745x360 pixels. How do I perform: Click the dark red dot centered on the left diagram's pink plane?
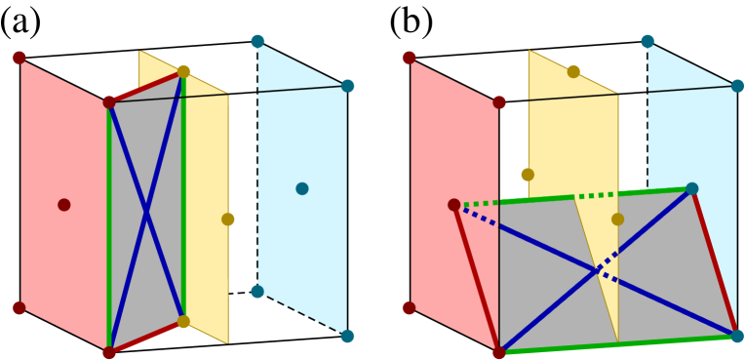(64, 205)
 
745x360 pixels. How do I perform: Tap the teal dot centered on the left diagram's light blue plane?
(302, 188)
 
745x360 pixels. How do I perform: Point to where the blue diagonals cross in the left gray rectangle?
(146, 212)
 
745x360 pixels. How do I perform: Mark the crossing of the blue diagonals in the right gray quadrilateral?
(597, 271)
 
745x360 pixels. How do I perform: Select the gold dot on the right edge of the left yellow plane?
(228, 220)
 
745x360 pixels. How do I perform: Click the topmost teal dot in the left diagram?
(257, 41)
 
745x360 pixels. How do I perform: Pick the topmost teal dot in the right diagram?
(647, 41)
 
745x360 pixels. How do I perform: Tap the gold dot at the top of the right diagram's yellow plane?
(573, 71)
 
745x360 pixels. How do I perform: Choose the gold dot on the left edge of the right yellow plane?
(528, 175)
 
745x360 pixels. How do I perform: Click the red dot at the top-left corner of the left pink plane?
(20, 58)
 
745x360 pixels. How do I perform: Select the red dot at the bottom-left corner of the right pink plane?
(410, 308)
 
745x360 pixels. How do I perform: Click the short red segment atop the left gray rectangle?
(146, 87)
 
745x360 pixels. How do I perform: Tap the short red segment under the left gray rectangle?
(146, 337)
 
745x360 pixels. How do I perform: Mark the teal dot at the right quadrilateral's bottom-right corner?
(737, 336)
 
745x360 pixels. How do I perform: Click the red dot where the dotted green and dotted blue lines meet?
(454, 205)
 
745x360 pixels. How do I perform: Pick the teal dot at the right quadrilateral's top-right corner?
(691, 188)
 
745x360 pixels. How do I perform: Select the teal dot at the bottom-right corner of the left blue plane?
(347, 336)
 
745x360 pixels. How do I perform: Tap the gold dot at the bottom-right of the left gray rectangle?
(183, 321)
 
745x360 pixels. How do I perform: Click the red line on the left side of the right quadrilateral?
(477, 279)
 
